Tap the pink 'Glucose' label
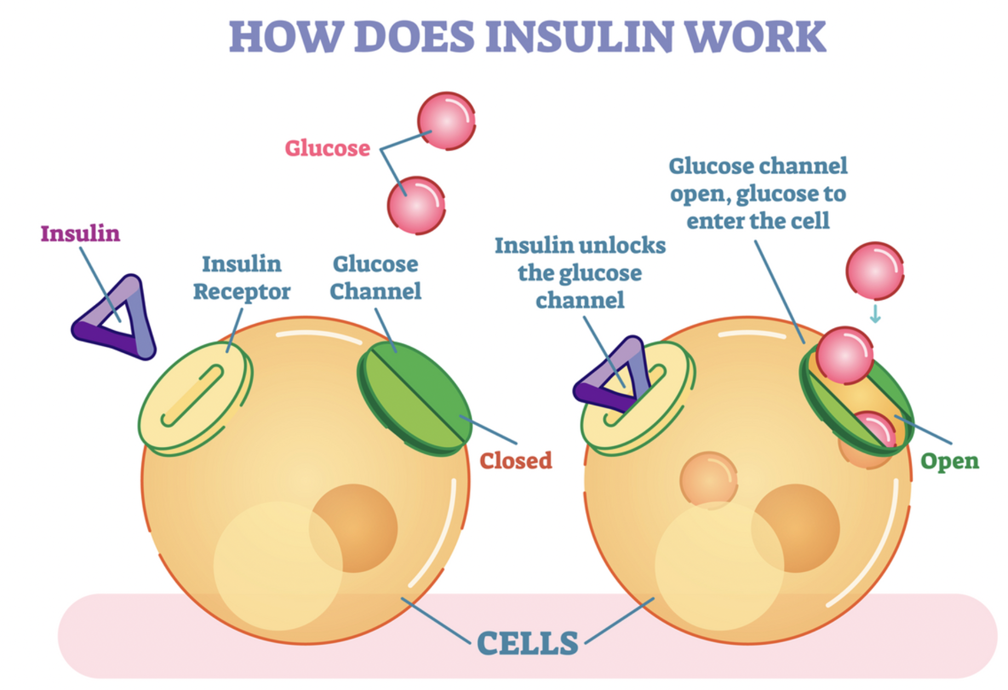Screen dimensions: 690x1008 [328, 148]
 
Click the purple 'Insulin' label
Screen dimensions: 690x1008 [80, 234]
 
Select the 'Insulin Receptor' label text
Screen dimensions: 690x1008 [242, 278]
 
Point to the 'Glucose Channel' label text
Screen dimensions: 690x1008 [376, 278]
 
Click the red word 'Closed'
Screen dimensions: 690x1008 [516, 461]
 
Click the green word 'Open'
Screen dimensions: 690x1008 [949, 461]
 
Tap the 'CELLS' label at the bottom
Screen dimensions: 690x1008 [527, 643]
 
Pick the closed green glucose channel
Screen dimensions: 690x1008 [414, 397]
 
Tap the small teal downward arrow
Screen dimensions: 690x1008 [875, 314]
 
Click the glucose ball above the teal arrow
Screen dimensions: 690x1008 [874, 271]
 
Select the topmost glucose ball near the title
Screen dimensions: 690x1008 [446, 121]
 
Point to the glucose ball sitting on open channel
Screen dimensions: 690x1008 [844, 355]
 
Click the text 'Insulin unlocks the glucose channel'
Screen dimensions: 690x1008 [580, 273]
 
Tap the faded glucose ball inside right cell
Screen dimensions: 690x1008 [708, 479]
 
